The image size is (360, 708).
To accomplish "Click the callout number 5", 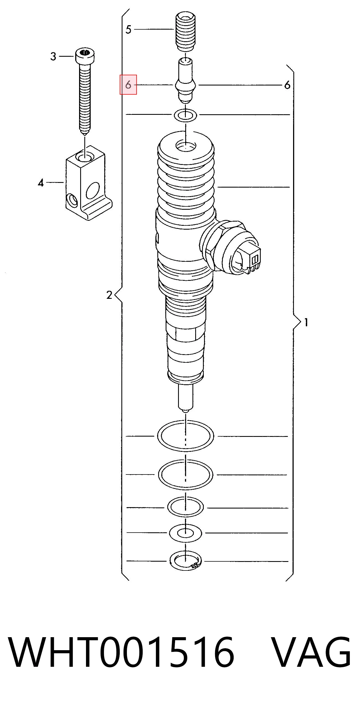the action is point(128,29).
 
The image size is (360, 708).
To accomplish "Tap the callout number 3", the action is point(53,56).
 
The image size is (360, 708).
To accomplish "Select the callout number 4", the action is point(41,183).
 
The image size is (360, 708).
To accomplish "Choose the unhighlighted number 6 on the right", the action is point(287,85).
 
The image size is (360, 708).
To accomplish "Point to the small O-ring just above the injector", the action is point(186,115).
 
